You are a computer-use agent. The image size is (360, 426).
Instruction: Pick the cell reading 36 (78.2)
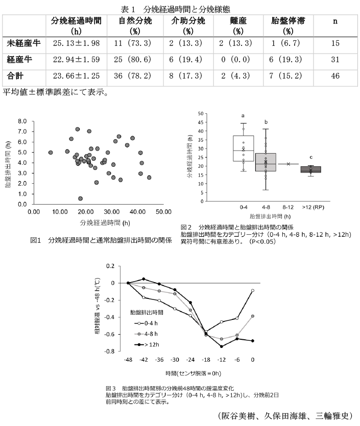point(135,76)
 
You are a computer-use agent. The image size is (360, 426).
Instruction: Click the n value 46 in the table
point(335,76)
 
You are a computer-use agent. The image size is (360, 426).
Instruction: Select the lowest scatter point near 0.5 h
point(80,198)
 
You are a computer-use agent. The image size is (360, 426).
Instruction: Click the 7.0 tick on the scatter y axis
point(22,132)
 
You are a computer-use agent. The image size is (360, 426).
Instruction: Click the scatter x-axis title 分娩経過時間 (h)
point(105,222)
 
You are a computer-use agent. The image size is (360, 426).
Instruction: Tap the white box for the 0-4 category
point(244,148)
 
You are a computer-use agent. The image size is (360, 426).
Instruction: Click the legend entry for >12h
point(148,345)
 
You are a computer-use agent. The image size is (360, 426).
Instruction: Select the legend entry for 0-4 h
point(148,322)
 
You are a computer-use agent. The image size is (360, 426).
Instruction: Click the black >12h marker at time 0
point(253,341)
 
